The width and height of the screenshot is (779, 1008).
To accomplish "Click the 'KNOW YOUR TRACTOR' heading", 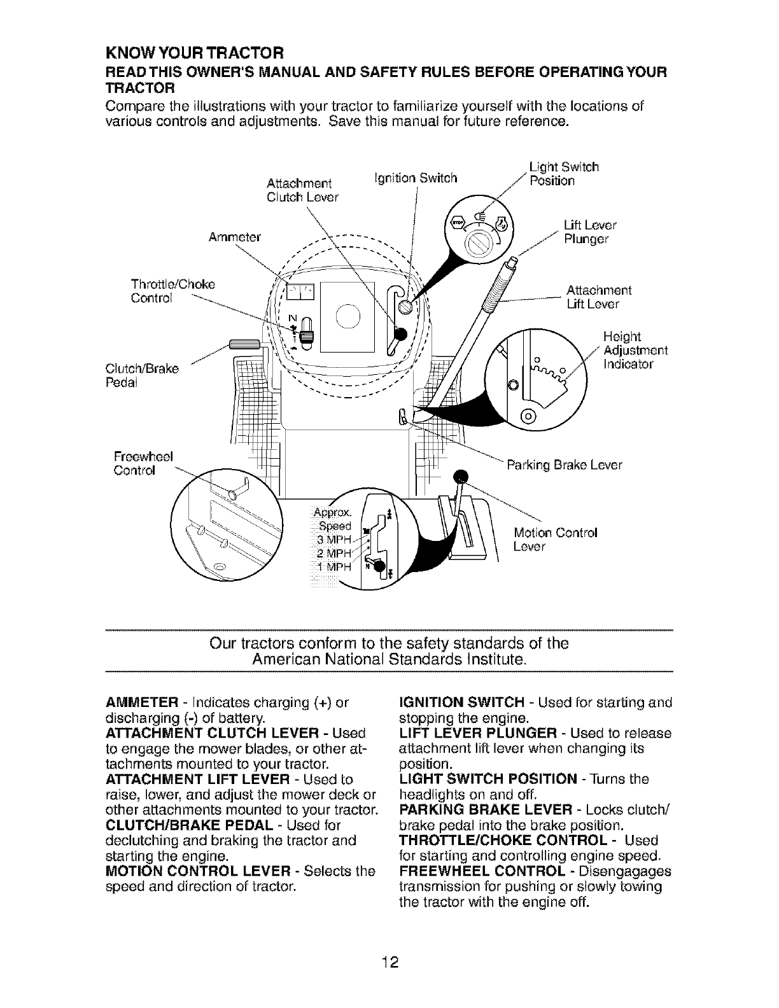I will coord(194,50).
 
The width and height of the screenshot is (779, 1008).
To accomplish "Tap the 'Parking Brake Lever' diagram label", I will coord(563,465).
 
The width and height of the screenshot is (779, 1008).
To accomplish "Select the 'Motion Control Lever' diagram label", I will coord(554,540).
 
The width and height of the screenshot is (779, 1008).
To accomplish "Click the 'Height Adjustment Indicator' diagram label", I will coord(635,351).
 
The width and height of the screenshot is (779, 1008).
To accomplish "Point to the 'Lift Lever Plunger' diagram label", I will coord(590,232).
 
